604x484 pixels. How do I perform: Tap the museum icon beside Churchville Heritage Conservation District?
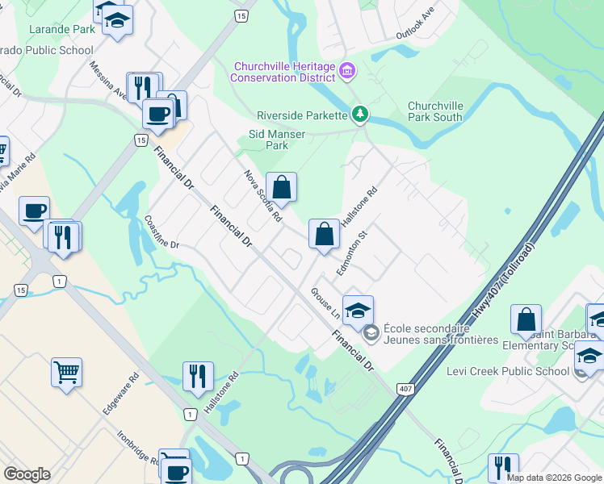[347, 72]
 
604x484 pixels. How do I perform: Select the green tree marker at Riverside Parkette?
[360, 115]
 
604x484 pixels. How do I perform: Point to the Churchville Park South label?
[435, 111]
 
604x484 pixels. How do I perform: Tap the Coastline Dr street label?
[161, 232]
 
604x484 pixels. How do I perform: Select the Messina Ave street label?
[107, 81]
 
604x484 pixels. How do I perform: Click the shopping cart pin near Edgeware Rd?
[67, 372]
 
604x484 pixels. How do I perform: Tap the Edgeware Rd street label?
[121, 394]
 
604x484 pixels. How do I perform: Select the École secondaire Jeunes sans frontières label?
[440, 334]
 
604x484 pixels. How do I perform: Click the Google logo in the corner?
[27, 474]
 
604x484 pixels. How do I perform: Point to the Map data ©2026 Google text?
[554, 478]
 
